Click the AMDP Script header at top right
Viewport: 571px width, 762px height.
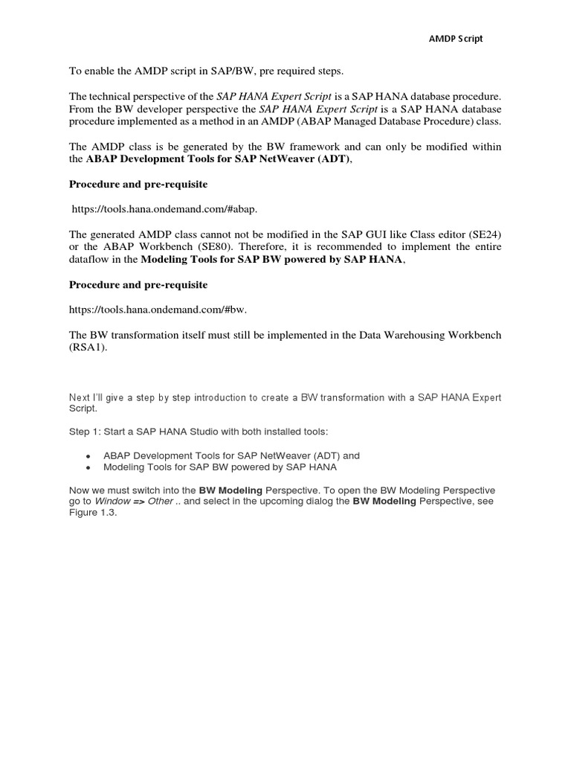pos(457,39)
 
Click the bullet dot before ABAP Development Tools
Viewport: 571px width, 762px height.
pos(89,455)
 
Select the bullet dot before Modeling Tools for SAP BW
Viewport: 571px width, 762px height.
pos(89,467)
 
